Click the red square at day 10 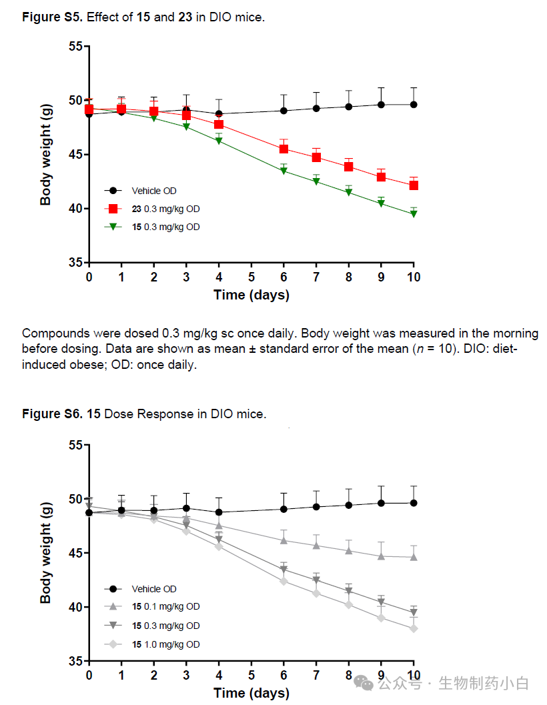(414, 185)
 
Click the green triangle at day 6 (284, 171)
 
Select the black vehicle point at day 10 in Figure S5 (414, 105)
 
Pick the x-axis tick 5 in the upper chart (251, 277)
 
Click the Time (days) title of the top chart (251, 295)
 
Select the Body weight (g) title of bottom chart (46, 553)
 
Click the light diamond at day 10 (414, 628)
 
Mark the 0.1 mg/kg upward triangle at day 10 (414, 557)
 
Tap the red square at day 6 (284, 149)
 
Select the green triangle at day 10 (414, 214)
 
